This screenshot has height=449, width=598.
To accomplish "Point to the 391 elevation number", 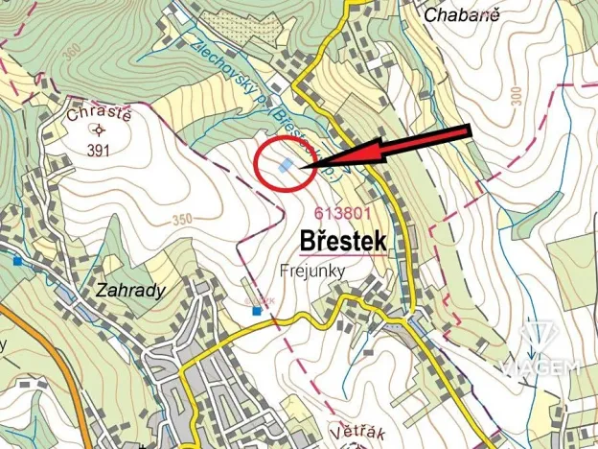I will (99, 150).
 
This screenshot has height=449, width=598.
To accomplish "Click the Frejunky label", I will (312, 271).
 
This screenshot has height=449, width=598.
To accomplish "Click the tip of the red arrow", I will (302, 168).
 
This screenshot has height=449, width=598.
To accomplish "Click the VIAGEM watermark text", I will (540, 366).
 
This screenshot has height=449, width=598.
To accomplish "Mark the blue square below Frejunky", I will (256, 311).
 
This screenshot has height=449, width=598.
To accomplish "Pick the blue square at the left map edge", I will (17, 260).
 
